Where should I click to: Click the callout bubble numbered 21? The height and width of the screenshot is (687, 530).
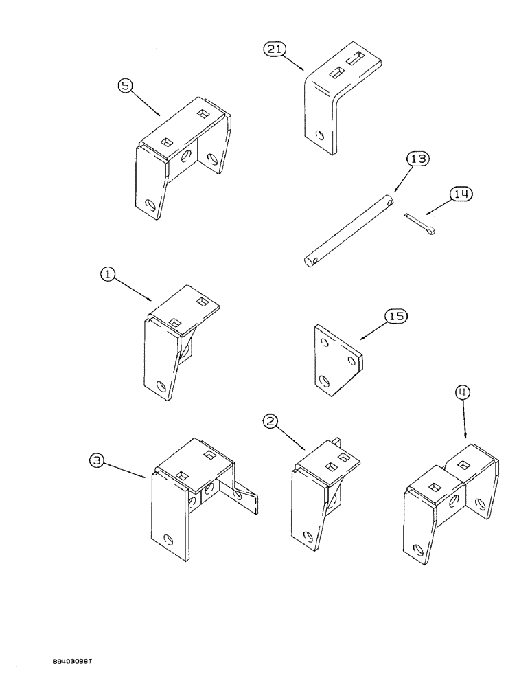tap(273, 50)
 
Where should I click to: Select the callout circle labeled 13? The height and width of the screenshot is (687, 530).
tap(419, 159)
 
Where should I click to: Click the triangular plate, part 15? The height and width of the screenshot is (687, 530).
tap(336, 361)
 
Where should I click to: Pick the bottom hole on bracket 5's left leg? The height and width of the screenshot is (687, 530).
tap(150, 204)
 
